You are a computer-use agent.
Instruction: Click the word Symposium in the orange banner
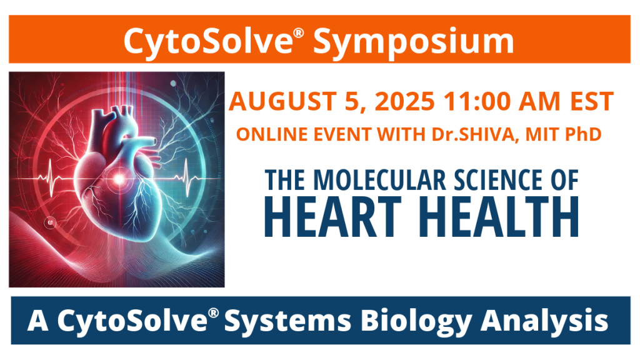[x=413, y=42]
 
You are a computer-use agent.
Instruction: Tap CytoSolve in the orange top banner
[x=208, y=41]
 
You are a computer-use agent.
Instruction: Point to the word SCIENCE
[x=499, y=180]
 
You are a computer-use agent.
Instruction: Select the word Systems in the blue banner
[x=288, y=321]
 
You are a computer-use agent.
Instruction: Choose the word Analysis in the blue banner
[x=544, y=321]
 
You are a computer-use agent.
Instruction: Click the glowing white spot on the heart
[x=119, y=179]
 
